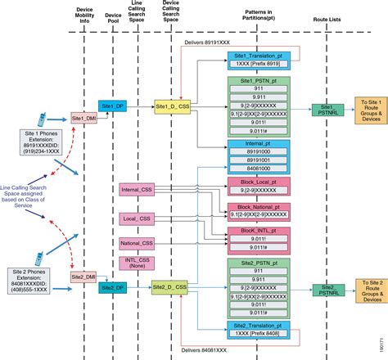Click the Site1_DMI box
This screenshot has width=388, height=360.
click(x=83, y=117)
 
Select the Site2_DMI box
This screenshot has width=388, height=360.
click(x=83, y=277)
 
